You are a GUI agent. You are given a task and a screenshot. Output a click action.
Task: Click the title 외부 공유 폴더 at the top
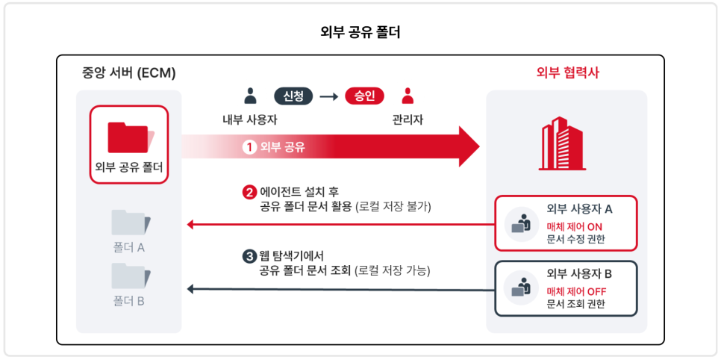pyautogui.click(x=360, y=33)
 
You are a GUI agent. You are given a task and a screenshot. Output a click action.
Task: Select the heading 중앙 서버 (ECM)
pyautogui.click(x=128, y=73)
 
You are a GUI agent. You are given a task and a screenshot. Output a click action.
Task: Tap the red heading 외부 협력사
pyautogui.click(x=568, y=73)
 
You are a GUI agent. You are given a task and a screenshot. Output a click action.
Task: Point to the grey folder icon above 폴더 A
pyautogui.click(x=131, y=223)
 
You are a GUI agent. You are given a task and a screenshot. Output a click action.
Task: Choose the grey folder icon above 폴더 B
pyautogui.click(x=131, y=276)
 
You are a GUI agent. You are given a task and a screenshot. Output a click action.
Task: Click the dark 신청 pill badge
pyautogui.click(x=293, y=96)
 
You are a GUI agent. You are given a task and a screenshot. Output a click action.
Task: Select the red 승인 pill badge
pyautogui.click(x=365, y=96)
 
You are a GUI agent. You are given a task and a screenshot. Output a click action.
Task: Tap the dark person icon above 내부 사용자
pyautogui.click(x=250, y=96)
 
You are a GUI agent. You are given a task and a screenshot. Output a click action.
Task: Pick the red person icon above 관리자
pyautogui.click(x=408, y=96)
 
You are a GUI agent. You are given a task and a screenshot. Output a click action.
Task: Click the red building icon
pyautogui.click(x=562, y=143)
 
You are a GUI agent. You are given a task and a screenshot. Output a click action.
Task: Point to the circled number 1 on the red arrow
pyautogui.click(x=249, y=148)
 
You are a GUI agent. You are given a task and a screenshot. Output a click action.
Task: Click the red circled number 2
pyautogui.click(x=248, y=192)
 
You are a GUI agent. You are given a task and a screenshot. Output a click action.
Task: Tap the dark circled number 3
pyautogui.click(x=248, y=256)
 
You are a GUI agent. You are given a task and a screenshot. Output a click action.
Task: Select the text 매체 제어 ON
pyautogui.click(x=574, y=226)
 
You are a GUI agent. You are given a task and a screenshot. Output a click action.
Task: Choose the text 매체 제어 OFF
pyautogui.click(x=577, y=291)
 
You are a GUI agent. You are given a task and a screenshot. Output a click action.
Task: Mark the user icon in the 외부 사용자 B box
pyautogui.click(x=522, y=288)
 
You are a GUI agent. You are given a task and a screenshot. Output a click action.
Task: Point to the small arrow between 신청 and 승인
pyautogui.click(x=328, y=96)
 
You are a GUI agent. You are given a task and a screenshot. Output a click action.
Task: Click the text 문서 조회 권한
pyautogui.click(x=575, y=304)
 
